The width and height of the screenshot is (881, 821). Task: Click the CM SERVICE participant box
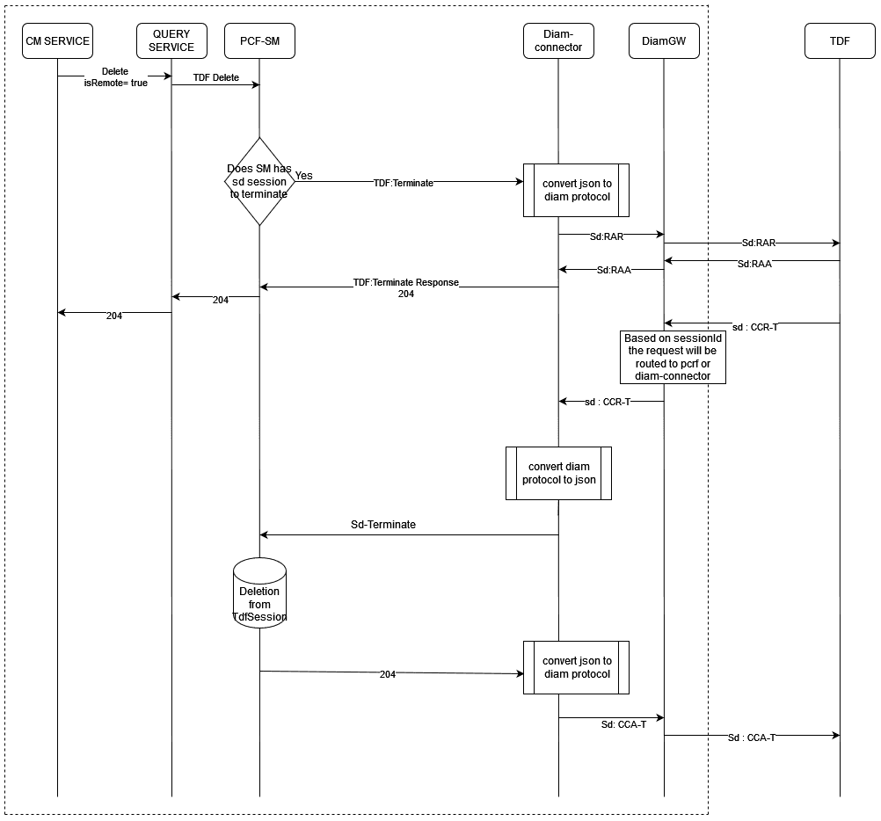(57, 41)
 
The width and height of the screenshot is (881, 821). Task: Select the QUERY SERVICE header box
(171, 41)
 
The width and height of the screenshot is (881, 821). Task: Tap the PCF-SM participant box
(259, 41)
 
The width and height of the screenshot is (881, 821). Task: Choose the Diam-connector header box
(558, 41)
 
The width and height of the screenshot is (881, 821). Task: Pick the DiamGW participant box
(664, 41)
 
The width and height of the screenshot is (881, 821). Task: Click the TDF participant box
(840, 41)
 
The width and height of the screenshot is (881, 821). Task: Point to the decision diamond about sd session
(259, 181)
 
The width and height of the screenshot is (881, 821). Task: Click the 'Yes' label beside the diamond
(304, 176)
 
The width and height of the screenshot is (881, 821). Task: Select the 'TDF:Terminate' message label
(404, 183)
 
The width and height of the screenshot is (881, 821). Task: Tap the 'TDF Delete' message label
(216, 77)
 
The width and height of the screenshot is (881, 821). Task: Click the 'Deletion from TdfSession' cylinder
(259, 593)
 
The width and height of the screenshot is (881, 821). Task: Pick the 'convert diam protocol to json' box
(558, 473)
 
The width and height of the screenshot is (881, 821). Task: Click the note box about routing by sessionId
(673, 357)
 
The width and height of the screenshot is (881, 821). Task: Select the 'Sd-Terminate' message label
(383, 525)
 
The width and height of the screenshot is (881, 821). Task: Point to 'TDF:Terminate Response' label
(405, 282)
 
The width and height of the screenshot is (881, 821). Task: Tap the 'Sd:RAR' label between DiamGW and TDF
(759, 243)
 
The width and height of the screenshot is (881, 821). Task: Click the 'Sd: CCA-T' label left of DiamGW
(623, 724)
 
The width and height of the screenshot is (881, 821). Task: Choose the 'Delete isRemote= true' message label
(116, 77)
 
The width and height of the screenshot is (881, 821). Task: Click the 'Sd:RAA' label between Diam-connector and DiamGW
(614, 270)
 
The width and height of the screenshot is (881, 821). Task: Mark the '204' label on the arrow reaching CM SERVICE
(114, 316)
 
